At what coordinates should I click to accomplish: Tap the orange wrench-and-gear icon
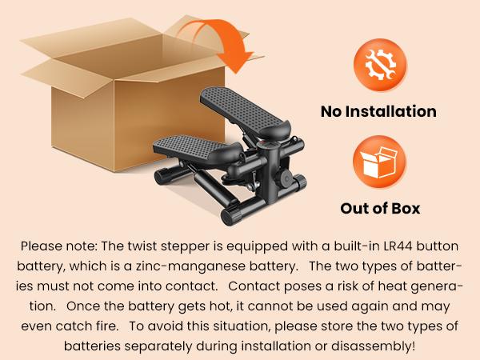pyautogui.click(x=380, y=65)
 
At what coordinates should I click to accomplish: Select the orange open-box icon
pyautogui.click(x=379, y=162)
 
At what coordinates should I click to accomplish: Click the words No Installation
pyautogui.click(x=378, y=111)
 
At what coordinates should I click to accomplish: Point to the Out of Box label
pyautogui.click(x=380, y=209)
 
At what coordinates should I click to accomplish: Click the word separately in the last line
pyautogui.click(x=158, y=346)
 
